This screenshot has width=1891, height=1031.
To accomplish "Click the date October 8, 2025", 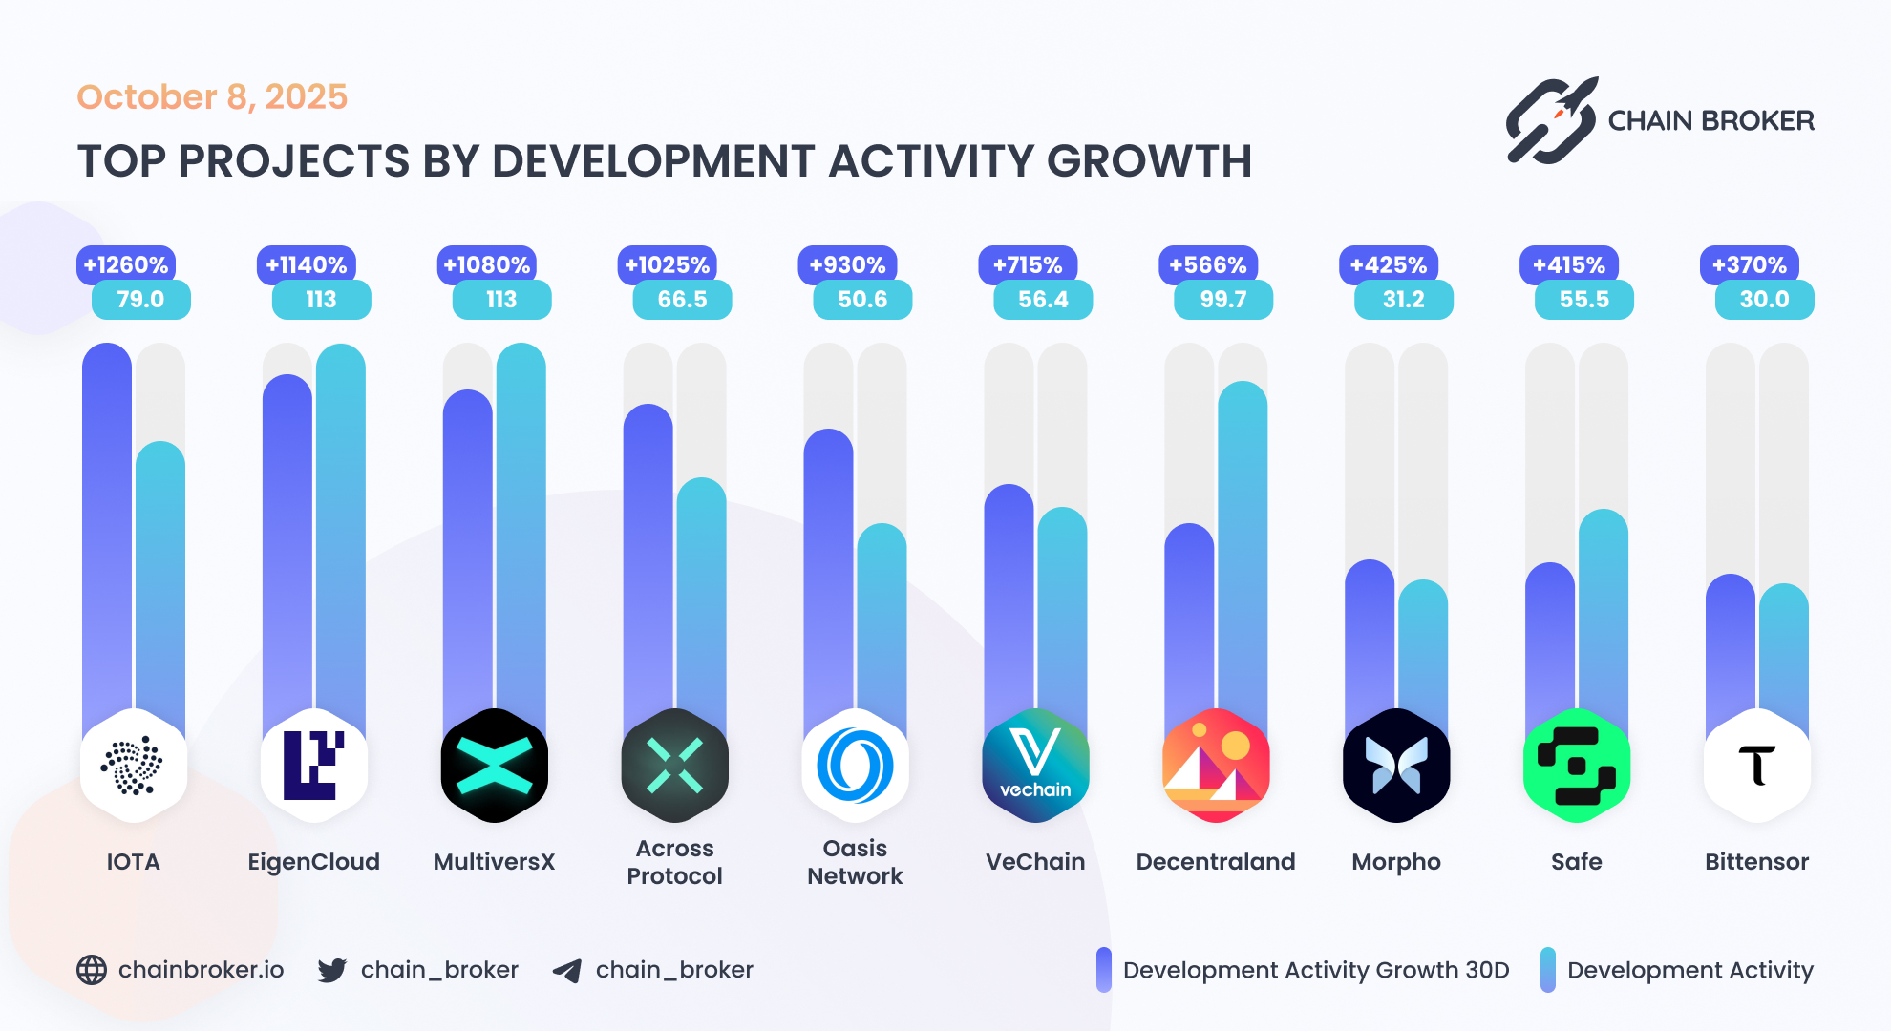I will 212,97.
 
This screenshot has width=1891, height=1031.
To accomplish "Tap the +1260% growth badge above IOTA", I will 126,264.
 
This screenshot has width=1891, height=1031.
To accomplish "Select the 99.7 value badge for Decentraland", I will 1222,300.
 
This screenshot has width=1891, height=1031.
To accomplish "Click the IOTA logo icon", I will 133,766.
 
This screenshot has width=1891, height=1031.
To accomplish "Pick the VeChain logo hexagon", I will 1035,766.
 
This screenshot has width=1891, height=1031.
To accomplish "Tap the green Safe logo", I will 1576,766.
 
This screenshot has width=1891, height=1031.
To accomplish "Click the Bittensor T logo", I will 1756,766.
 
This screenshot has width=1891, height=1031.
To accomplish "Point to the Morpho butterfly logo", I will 1395,766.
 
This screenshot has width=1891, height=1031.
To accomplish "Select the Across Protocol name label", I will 674,862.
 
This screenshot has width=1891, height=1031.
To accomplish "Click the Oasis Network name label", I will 855,862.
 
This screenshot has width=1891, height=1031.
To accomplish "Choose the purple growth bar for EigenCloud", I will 287,544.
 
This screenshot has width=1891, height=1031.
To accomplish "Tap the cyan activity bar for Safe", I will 1603,611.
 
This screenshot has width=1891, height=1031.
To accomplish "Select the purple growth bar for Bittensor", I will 1730,649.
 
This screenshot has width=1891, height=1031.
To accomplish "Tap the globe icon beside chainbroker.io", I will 92,970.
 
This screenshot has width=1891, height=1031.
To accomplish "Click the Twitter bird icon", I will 332,970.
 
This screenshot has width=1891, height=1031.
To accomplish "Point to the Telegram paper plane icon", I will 567,971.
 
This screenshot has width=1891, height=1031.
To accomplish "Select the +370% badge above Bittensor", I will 1749,264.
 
